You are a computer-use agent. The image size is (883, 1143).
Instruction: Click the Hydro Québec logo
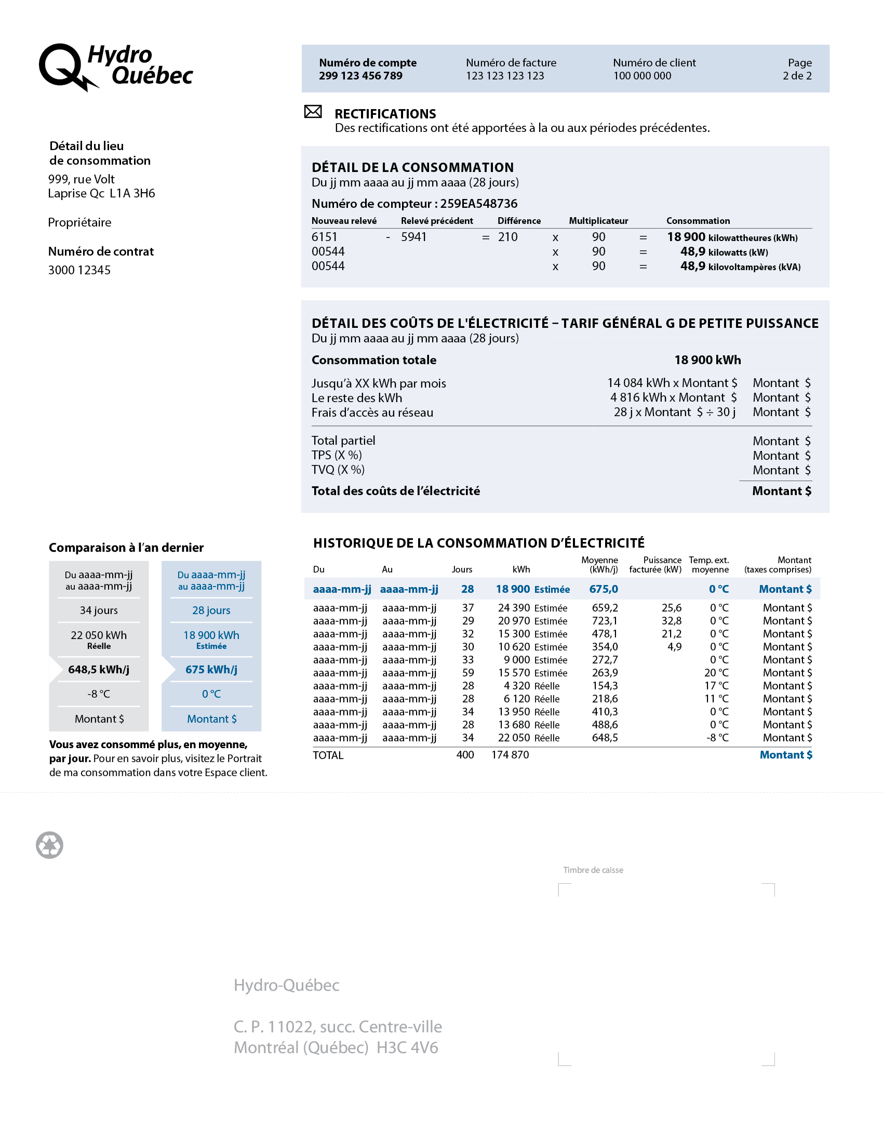click(x=116, y=67)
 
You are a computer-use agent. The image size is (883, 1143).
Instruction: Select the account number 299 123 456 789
click(x=360, y=76)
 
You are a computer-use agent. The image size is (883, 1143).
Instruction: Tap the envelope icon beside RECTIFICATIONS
click(x=313, y=112)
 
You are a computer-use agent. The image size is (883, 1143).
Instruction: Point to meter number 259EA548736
click(x=478, y=204)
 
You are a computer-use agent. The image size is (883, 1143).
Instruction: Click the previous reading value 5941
click(x=413, y=237)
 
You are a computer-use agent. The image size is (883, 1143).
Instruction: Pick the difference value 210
click(x=507, y=237)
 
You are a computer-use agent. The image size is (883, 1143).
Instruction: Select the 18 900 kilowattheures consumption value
click(x=732, y=237)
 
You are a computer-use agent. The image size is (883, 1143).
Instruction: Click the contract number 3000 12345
click(x=79, y=270)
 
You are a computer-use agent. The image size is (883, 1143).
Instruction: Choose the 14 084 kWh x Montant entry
click(x=672, y=383)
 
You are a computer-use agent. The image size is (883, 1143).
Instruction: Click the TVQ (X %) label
click(x=338, y=470)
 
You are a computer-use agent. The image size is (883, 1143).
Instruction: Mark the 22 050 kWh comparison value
click(x=98, y=635)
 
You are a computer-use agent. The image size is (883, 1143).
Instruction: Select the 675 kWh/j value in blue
click(x=211, y=670)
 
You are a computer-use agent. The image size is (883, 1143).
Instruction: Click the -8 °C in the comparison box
click(x=98, y=695)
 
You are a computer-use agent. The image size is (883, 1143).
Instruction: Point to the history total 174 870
click(x=510, y=755)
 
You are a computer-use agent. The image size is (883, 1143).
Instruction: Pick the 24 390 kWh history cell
click(x=514, y=608)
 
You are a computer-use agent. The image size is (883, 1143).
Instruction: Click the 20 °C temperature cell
click(x=716, y=673)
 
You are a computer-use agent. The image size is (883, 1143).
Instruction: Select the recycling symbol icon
click(x=50, y=845)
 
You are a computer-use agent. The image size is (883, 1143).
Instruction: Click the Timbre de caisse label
click(x=593, y=870)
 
